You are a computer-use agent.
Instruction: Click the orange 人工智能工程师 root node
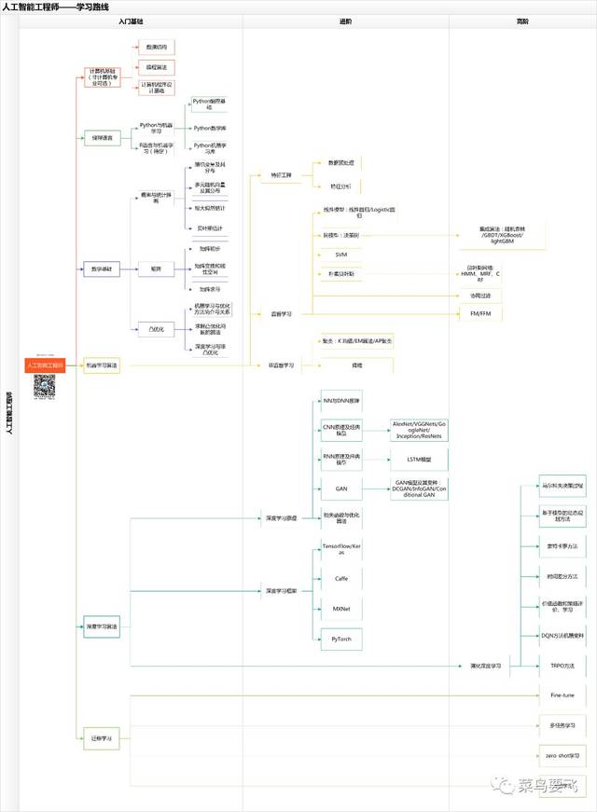coord(45,366)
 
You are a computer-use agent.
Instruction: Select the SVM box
coord(340,254)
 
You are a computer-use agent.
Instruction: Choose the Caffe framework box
coord(340,578)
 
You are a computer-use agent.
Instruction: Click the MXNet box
coord(340,607)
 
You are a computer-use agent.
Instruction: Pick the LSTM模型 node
coord(417,460)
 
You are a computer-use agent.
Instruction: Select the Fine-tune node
coord(561,695)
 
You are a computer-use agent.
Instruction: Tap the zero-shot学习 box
coord(562,755)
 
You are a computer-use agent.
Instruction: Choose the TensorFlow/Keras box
coord(340,548)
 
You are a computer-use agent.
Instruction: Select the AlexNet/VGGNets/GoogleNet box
coord(419,430)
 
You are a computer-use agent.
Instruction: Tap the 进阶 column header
coord(345,21)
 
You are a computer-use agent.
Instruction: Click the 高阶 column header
coord(521,21)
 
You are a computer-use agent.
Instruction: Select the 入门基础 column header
coord(131,21)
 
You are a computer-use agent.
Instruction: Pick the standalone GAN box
coord(340,488)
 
